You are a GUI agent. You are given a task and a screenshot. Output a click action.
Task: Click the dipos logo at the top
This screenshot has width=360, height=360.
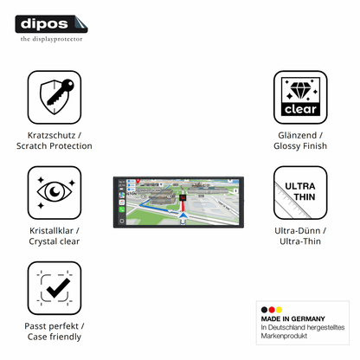click(x=51, y=24)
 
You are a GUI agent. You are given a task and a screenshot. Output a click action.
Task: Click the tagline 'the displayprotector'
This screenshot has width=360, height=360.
click(x=51, y=39)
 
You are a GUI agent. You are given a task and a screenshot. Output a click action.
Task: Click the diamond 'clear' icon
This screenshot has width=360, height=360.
click(x=300, y=97)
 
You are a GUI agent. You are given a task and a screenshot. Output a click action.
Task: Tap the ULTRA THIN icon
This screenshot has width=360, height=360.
click(x=300, y=193)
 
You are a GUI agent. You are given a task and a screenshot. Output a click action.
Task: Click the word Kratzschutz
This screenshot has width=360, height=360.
click(x=51, y=135)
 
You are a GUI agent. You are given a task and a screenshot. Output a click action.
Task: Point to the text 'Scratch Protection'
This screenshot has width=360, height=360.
click(x=55, y=146)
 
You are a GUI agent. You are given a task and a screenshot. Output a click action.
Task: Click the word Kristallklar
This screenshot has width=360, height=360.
click(x=51, y=231)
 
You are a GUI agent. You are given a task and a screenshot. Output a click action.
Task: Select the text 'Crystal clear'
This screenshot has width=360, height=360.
click(x=55, y=241)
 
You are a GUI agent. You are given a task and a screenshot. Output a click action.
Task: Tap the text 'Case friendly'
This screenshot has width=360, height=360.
click(x=55, y=337)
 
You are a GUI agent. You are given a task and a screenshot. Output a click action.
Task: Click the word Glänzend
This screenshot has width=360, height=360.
click(x=298, y=135)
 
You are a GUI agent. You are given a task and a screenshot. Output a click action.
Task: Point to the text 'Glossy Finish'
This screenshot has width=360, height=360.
click(x=300, y=146)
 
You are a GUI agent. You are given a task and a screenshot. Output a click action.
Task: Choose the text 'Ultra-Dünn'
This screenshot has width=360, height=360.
click(x=298, y=231)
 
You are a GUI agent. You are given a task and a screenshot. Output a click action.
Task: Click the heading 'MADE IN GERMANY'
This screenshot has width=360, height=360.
click(x=292, y=318)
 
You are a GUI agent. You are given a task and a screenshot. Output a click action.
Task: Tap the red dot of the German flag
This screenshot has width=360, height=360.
click(x=272, y=310)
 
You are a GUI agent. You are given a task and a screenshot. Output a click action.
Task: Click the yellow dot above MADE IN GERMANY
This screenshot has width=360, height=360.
click(x=279, y=310)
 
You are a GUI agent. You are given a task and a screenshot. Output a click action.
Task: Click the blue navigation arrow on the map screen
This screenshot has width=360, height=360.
click(x=183, y=215)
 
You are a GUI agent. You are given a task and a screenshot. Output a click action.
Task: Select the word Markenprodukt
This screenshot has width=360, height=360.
click(x=284, y=336)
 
